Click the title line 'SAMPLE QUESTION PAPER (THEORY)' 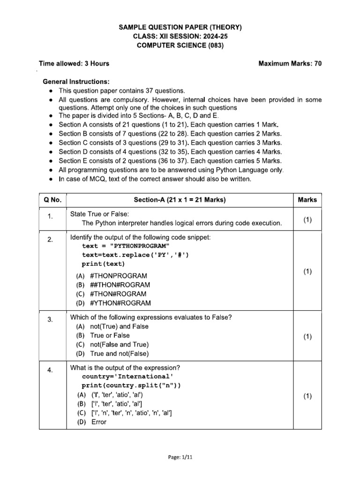[x=180, y=28]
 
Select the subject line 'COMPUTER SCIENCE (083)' [x=180, y=45]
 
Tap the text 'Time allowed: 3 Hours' [x=74, y=63]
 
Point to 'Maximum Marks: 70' [x=290, y=63]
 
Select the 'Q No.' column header [x=52, y=200]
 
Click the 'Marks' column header [x=307, y=200]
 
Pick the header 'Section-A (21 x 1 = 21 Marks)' [x=180, y=200]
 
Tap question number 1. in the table [x=50, y=217]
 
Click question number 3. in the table [x=50, y=320]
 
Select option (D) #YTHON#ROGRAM [x=114, y=303]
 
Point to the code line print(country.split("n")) [x=131, y=385]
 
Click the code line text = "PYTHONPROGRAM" [x=126, y=246]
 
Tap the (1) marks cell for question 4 [x=307, y=397]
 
